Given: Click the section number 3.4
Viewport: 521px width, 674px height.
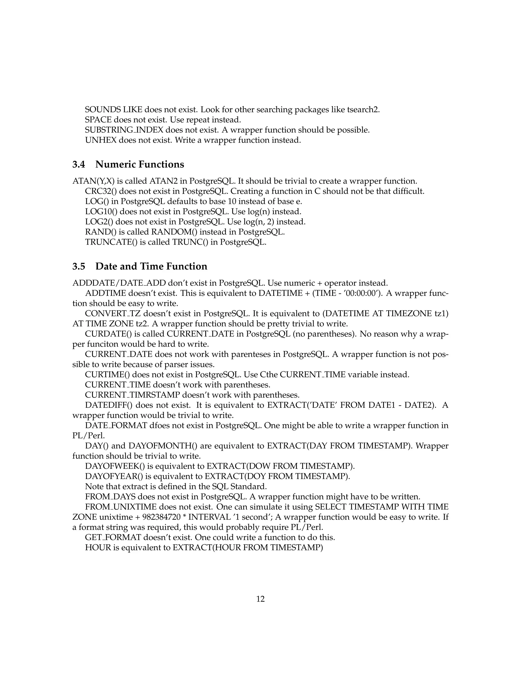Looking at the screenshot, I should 79,165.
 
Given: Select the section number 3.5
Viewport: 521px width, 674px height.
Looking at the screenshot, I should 79,266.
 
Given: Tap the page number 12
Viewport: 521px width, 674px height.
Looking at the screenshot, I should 260,599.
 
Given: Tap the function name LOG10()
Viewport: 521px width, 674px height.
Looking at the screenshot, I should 101,212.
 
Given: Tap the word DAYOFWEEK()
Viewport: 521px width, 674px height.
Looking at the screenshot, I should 113,466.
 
